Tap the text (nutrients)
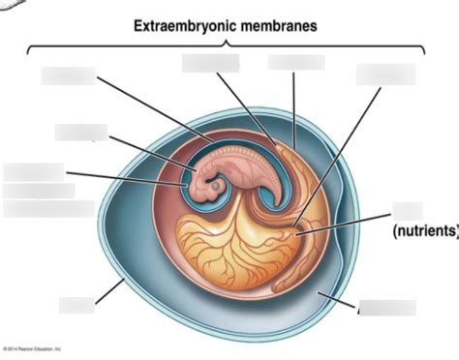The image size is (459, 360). pyautogui.click(x=424, y=232)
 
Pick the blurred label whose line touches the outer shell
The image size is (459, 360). pyautogui.click(x=76, y=306)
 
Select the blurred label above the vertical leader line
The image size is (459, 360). pyautogui.click(x=296, y=62)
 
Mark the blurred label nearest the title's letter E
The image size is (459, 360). pyautogui.click(x=68, y=75)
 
